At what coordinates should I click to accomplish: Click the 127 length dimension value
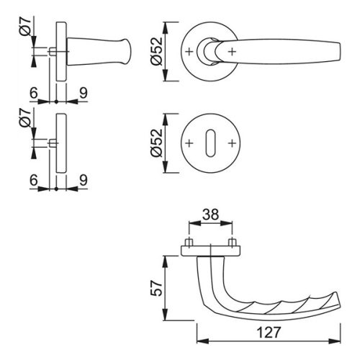pyautogui.click(x=269, y=333)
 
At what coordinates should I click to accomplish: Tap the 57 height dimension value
pyautogui.click(x=157, y=288)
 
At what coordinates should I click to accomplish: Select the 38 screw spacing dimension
pyautogui.click(x=210, y=215)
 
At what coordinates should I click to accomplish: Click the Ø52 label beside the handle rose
pyautogui.click(x=157, y=51)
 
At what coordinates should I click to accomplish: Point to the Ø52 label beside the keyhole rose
pyautogui.click(x=157, y=143)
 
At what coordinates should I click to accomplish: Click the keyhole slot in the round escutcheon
pyautogui.click(x=210, y=143)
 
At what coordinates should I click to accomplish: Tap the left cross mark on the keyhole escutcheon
pyautogui.click(x=189, y=143)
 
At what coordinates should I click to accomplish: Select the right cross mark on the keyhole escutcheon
pyautogui.click(x=232, y=143)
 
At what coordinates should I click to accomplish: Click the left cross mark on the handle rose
pyautogui.click(x=189, y=52)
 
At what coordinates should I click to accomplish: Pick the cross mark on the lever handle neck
pyautogui.click(x=232, y=52)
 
